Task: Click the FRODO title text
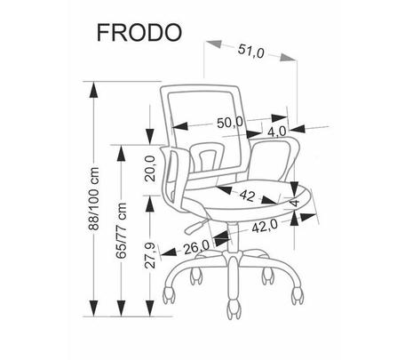pyautogui.click(x=139, y=32)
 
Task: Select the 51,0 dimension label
pyautogui.click(x=250, y=52)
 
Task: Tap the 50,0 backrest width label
pyautogui.click(x=230, y=123)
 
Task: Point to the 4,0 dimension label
pyautogui.click(x=277, y=132)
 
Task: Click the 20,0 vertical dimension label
pyautogui.click(x=150, y=168)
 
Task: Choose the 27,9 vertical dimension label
pyautogui.click(x=150, y=255)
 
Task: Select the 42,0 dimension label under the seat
pyautogui.click(x=265, y=227)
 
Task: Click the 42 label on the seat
pyautogui.click(x=247, y=196)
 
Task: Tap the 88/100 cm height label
pyautogui.click(x=94, y=198)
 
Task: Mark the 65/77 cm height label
pyautogui.click(x=121, y=230)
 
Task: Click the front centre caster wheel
pyautogui.click(x=234, y=309)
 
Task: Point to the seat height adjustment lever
pyautogui.click(x=196, y=226)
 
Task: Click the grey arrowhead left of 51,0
pyautogui.click(x=214, y=44)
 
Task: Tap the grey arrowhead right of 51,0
pyautogui.click(x=288, y=58)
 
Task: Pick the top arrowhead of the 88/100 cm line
pyautogui.click(x=93, y=90)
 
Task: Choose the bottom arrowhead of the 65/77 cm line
pyautogui.click(x=121, y=308)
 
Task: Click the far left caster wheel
pyautogui.click(x=169, y=294)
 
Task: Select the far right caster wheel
pyautogui.click(x=297, y=295)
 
